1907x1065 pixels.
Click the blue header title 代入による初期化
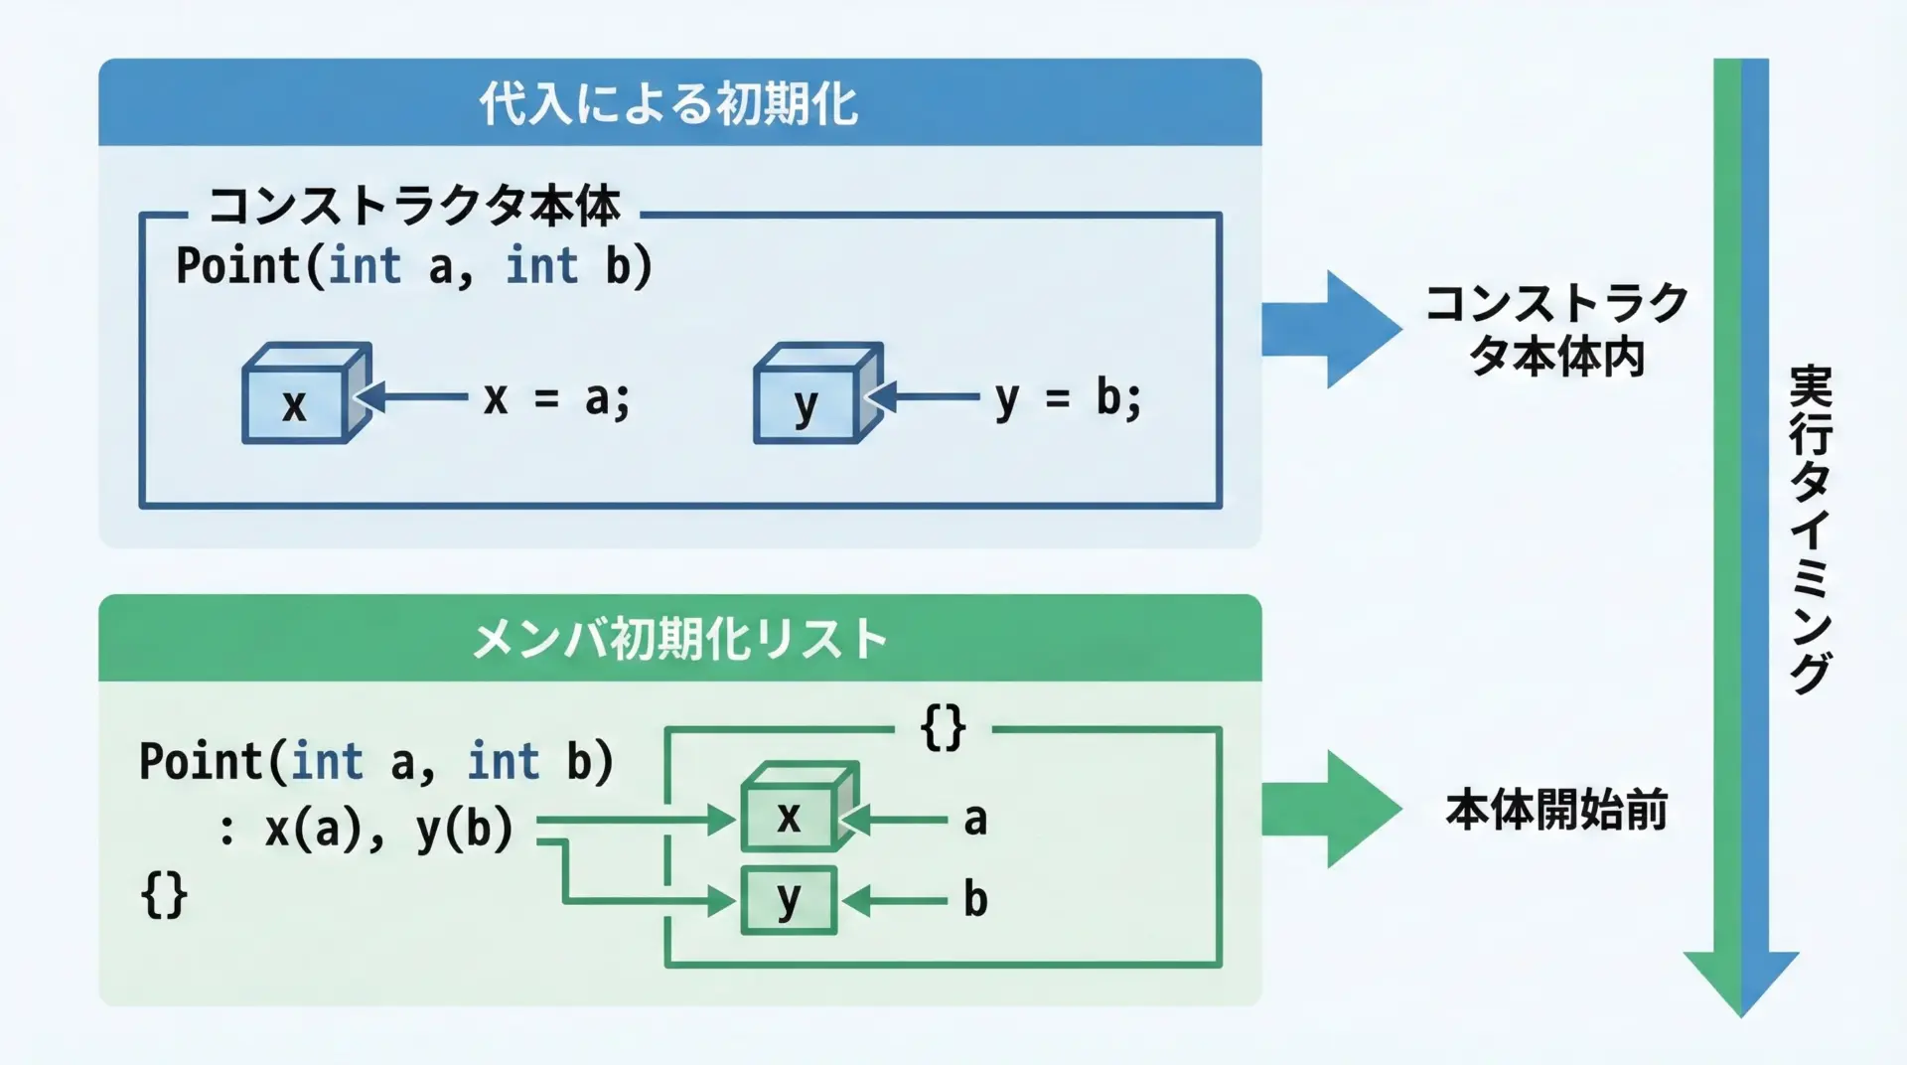tap(668, 103)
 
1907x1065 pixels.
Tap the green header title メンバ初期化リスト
tap(679, 639)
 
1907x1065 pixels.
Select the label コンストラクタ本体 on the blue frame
tap(414, 207)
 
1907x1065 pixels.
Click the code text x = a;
tap(556, 399)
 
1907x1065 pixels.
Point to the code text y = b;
tap(1069, 399)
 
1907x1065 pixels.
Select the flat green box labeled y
tap(789, 900)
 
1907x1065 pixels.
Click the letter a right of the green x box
tap(975, 820)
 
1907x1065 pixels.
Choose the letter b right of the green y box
tap(975, 900)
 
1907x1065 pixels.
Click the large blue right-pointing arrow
tap(1331, 329)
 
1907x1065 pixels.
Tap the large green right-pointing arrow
tap(1331, 809)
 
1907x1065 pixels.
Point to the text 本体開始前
tap(1555, 811)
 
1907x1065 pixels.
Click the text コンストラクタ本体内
tap(1556, 330)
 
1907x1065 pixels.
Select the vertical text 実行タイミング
tap(1810, 529)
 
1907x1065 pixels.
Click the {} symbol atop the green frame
tap(943, 728)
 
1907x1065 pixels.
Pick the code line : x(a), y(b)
tap(366, 828)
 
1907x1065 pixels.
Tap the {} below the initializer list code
tap(164, 895)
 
